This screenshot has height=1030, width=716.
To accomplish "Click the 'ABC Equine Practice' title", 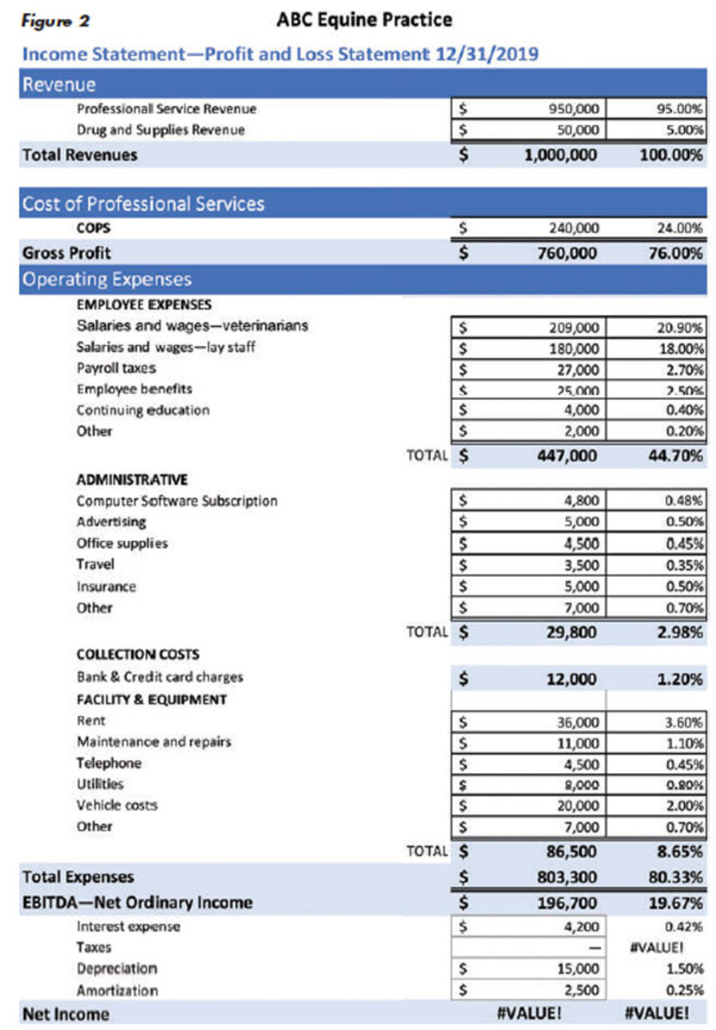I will [365, 19].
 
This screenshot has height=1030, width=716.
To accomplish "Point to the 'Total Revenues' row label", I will [80, 155].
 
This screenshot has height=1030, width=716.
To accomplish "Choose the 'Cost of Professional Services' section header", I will [143, 203].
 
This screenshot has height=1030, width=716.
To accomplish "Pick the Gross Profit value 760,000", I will [562, 253].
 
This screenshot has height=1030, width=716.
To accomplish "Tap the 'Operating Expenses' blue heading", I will [107, 279].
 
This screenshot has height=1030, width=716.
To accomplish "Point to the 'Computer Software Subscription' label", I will [178, 500].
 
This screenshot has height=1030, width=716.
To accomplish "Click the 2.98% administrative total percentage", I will [681, 633].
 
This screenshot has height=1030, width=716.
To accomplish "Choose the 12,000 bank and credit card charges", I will [571, 679].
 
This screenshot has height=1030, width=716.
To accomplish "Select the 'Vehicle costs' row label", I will [118, 805].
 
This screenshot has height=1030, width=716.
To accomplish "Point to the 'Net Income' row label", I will [66, 1014].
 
